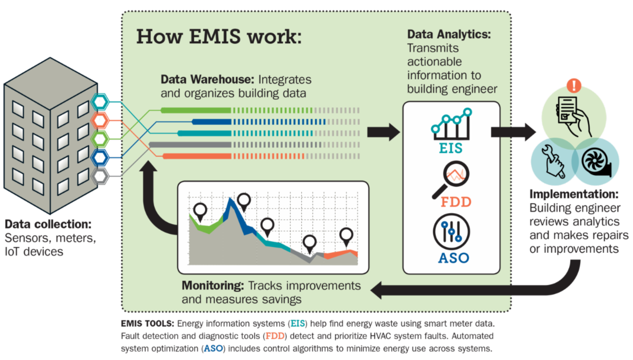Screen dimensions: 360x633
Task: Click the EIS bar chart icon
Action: pyautogui.click(x=451, y=123)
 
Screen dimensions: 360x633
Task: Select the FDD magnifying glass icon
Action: pyautogui.click(x=449, y=178)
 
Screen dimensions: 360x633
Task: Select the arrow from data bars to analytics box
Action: pyautogui.click(x=383, y=132)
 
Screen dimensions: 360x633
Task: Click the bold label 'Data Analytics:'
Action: pyautogui.click(x=449, y=35)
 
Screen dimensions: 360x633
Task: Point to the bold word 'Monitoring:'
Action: pyautogui.click(x=213, y=286)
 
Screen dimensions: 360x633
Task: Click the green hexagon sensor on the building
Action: pyautogui.click(x=100, y=138)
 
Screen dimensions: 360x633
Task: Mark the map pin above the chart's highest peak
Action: pyautogui.click(x=244, y=201)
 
